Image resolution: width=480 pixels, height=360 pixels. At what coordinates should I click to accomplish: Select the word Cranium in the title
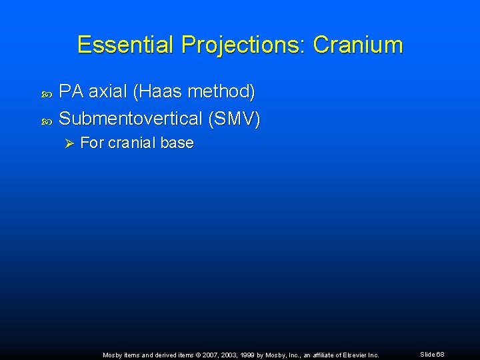click(x=358, y=45)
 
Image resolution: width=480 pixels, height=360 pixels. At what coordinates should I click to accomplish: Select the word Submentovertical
click(x=130, y=119)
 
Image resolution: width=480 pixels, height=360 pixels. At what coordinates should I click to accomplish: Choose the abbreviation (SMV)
click(x=234, y=119)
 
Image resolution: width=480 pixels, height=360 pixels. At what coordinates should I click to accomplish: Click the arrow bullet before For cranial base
click(x=68, y=143)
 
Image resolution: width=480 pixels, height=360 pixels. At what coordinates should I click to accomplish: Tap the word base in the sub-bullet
click(x=178, y=143)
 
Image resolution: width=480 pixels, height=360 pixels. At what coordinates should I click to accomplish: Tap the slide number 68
click(x=440, y=355)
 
